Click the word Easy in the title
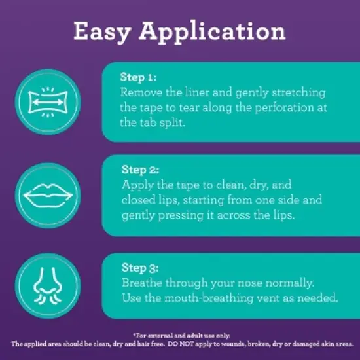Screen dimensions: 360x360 click(102, 32)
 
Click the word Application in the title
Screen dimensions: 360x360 click(212, 32)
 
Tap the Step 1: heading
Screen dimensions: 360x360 click(138, 77)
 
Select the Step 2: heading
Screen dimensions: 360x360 click(140, 170)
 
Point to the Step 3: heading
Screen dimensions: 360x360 click(140, 268)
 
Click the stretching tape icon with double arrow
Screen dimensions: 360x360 click(48, 102)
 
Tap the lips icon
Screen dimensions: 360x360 click(48, 196)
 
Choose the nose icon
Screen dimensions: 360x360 click(48, 285)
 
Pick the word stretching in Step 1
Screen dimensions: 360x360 click(298, 93)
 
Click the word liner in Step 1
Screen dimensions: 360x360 click(197, 92)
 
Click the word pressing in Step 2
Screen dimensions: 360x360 click(181, 216)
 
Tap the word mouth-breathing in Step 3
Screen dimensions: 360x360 click(209, 298)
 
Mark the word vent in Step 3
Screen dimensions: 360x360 click(268, 298)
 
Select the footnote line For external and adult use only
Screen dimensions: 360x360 click(182, 336)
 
